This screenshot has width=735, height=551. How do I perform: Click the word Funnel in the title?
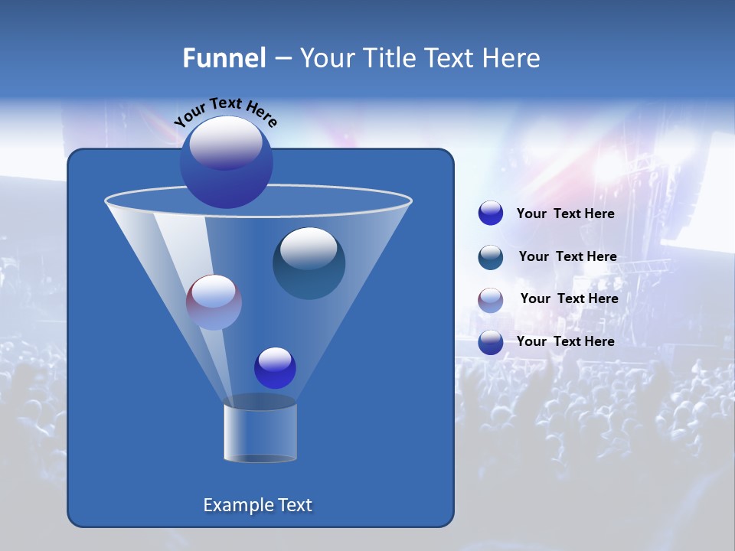(x=224, y=58)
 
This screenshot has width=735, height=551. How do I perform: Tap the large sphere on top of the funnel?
(x=227, y=162)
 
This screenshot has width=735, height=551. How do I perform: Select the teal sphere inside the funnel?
(x=309, y=263)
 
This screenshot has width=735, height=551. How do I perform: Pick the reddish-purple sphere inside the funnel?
(x=214, y=302)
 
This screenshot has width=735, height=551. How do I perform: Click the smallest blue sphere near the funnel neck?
(x=275, y=367)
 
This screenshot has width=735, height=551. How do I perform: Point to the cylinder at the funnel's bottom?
(x=260, y=432)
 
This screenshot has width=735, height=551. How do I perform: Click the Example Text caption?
(x=257, y=505)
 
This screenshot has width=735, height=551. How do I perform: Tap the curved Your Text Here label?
(x=225, y=110)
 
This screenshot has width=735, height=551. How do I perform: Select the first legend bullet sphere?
(x=491, y=214)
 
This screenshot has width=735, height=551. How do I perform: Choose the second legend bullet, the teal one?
(x=491, y=257)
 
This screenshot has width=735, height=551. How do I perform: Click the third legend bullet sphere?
(x=491, y=300)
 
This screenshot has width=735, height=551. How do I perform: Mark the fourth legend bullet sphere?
(x=491, y=342)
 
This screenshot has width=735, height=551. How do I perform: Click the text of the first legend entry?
(x=565, y=214)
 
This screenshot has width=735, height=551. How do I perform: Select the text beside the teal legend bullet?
(x=567, y=257)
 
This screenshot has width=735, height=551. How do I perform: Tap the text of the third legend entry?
(x=569, y=299)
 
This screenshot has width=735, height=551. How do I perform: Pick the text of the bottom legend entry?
(x=565, y=341)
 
